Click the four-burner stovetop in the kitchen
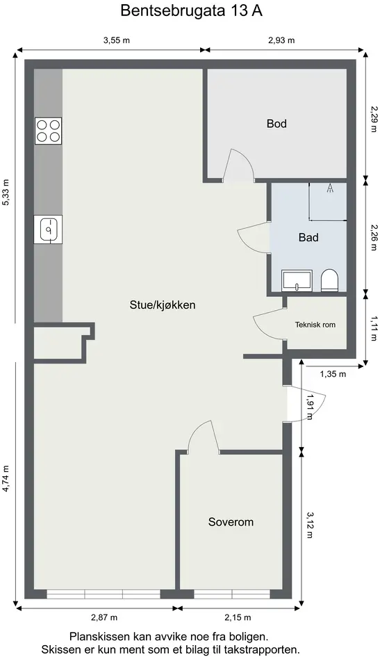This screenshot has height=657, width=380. [x=48, y=131]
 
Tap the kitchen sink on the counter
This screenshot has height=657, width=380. [x=48, y=229]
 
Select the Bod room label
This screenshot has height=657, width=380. [x=276, y=124]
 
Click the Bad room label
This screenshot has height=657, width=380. [x=308, y=238]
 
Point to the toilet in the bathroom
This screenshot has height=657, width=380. [x=329, y=280]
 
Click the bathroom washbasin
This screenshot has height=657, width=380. [x=297, y=280]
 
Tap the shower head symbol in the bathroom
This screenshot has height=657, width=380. [x=330, y=188]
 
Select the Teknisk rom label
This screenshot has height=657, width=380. [x=315, y=324]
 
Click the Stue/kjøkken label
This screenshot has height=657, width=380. [x=163, y=305]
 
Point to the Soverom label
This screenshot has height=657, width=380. [x=231, y=522]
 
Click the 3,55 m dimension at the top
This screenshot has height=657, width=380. [x=116, y=40]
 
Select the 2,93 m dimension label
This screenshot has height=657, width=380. [x=281, y=40]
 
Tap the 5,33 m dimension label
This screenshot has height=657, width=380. [x=6, y=192]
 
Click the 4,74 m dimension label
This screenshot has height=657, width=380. [x=6, y=478]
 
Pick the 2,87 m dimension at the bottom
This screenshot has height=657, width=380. [x=104, y=617]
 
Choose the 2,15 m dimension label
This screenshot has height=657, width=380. [x=238, y=617]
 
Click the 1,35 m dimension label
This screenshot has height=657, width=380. [x=333, y=374]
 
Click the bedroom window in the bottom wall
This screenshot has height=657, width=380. [x=232, y=594]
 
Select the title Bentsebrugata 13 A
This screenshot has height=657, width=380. [x=191, y=10]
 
